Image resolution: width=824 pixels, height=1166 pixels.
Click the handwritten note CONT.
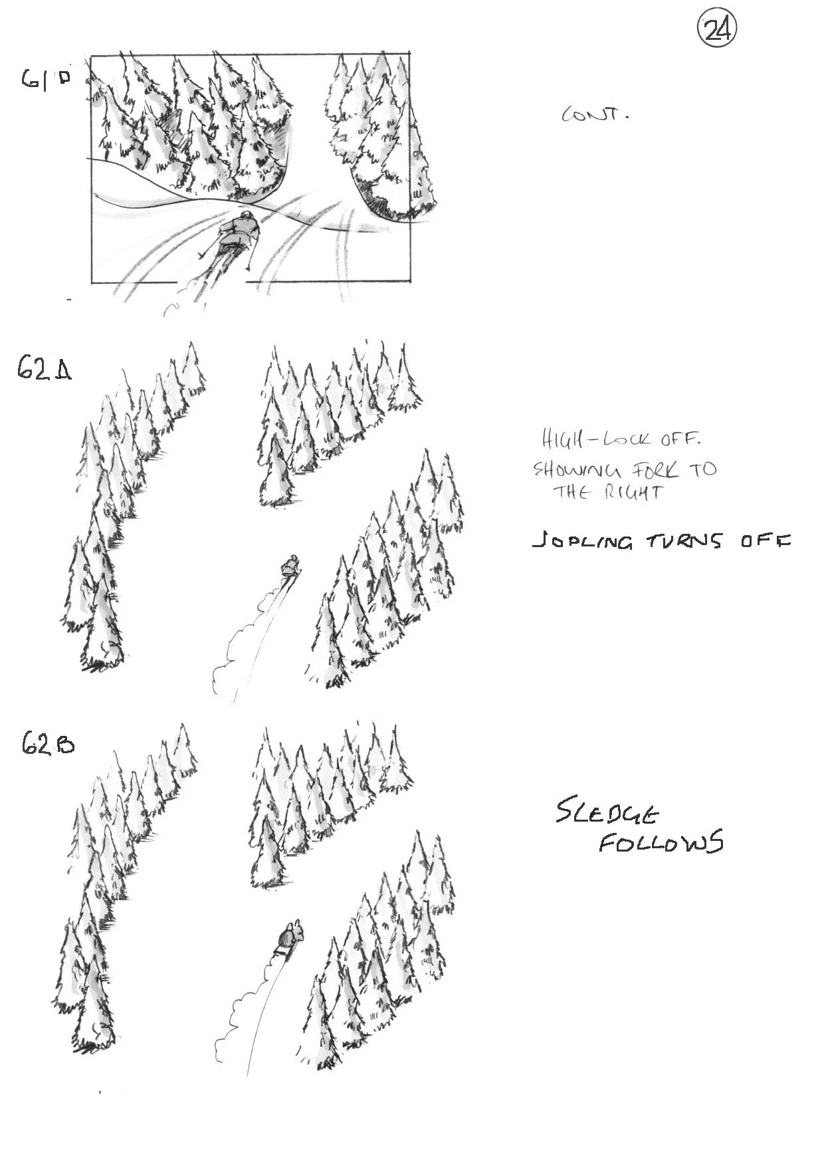tap(595, 115)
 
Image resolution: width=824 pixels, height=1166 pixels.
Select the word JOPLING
tap(582, 542)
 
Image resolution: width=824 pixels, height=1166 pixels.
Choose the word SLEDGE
tap(607, 813)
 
